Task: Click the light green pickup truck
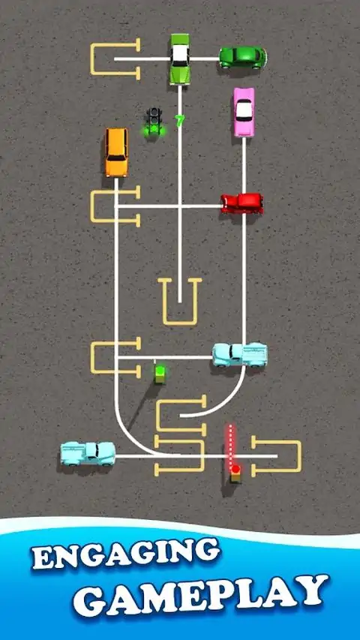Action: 180,59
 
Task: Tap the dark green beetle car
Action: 243,58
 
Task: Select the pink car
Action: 244,112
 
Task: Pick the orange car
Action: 116,152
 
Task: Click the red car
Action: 242,203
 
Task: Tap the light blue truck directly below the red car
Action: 240,354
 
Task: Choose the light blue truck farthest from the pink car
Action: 88,453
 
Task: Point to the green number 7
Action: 179,120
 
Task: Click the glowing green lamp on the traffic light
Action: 154,129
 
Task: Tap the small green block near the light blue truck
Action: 160,374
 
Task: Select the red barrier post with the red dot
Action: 235,474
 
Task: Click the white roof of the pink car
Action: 244,110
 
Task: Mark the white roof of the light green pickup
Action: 179,53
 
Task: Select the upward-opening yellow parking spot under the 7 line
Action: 179,302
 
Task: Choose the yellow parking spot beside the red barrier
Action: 276,456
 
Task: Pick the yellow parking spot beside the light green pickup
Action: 115,59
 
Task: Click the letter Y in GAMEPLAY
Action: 312,590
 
